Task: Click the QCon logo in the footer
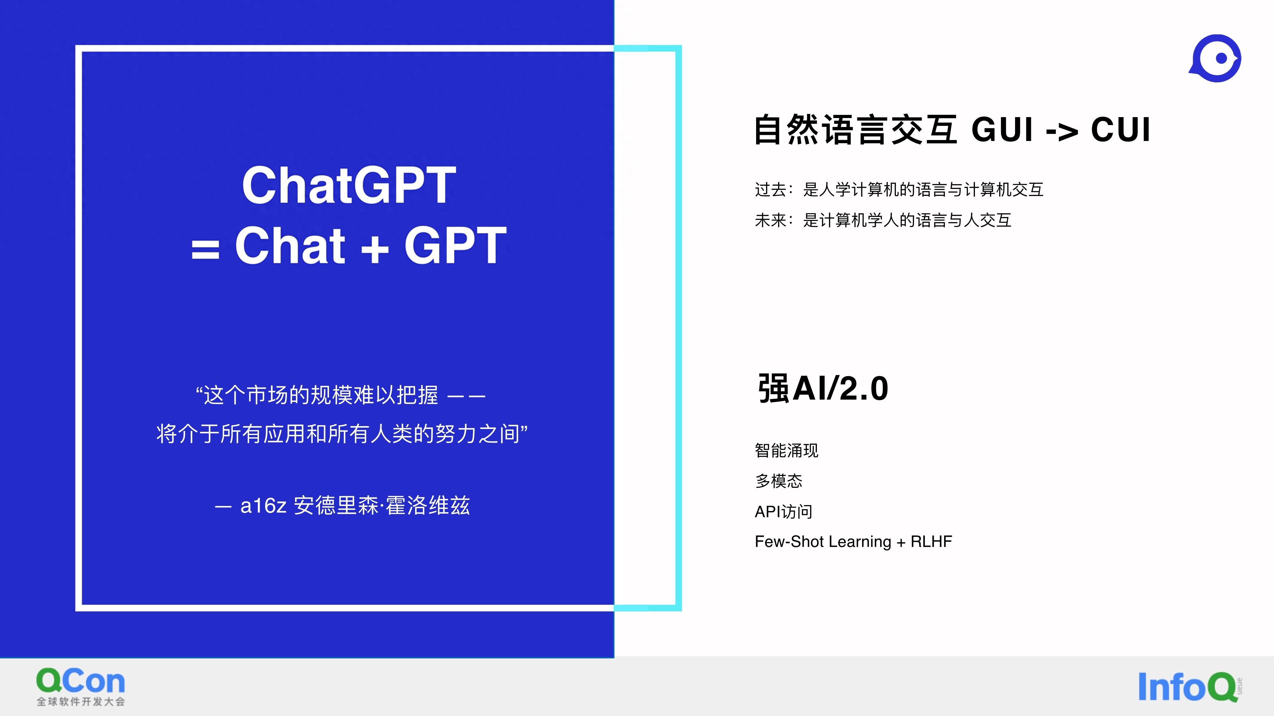[81, 687]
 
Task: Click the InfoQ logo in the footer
[1189, 686]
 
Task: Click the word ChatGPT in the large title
[349, 185]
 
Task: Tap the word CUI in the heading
[1121, 130]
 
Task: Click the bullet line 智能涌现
[786, 451]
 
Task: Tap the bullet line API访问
[784, 511]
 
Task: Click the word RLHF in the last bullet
[931, 542]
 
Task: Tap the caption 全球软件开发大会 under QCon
[81, 702]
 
